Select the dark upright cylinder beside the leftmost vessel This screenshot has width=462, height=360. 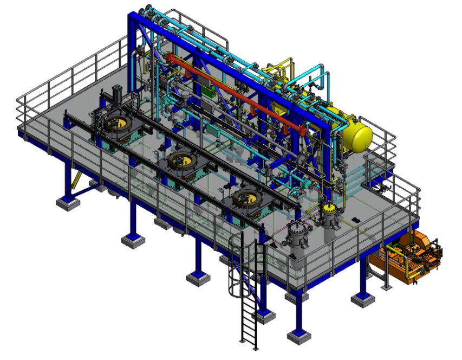[116, 98]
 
